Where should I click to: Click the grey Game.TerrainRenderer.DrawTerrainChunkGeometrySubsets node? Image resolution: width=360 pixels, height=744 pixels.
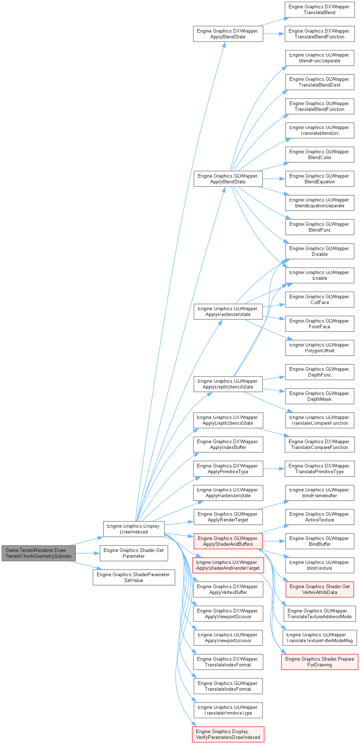[x=39, y=553]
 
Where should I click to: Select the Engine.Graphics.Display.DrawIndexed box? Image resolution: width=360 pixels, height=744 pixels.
[x=134, y=529]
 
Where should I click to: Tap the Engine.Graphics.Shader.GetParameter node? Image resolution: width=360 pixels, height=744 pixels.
[x=134, y=553]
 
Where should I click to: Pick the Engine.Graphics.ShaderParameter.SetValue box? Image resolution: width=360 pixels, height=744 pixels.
[x=134, y=577]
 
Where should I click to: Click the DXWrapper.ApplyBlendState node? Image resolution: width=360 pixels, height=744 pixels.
[x=228, y=34]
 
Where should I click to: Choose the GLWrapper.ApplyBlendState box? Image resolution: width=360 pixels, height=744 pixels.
[x=228, y=179]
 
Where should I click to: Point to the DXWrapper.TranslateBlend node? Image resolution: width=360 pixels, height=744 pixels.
[x=319, y=9]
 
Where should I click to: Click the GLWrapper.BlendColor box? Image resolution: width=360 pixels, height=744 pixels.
[x=319, y=154]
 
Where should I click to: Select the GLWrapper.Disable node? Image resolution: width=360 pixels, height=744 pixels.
[x=319, y=251]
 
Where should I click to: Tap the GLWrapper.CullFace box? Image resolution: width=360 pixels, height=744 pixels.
[x=319, y=299]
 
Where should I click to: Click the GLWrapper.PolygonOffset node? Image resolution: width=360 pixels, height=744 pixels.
[x=319, y=348]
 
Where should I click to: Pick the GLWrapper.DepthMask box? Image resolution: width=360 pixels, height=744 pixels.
[x=319, y=396]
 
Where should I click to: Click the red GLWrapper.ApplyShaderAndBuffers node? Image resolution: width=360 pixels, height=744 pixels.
[x=228, y=541]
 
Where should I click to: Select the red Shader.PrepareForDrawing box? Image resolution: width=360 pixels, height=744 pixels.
[x=319, y=662]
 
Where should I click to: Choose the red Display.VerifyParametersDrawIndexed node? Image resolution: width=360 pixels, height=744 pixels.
[x=228, y=734]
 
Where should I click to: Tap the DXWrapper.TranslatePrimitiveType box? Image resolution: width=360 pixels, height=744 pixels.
[x=319, y=469]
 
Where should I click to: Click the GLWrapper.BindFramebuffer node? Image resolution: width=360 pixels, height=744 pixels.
[x=319, y=492]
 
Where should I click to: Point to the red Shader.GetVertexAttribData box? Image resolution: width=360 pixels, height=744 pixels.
[x=319, y=589]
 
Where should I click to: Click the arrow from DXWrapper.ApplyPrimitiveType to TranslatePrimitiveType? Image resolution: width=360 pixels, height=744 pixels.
[x=274, y=469]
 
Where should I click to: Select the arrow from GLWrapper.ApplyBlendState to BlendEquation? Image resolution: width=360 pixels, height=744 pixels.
[x=274, y=179]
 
